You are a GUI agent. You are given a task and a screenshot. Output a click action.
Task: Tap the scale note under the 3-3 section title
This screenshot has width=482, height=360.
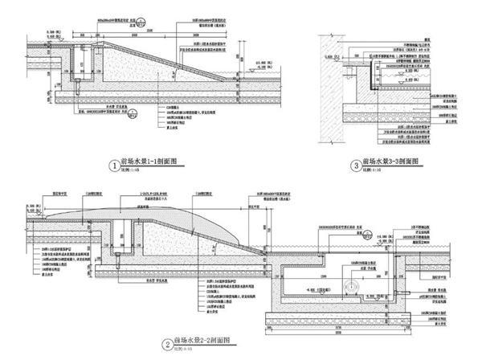(x=374, y=172)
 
